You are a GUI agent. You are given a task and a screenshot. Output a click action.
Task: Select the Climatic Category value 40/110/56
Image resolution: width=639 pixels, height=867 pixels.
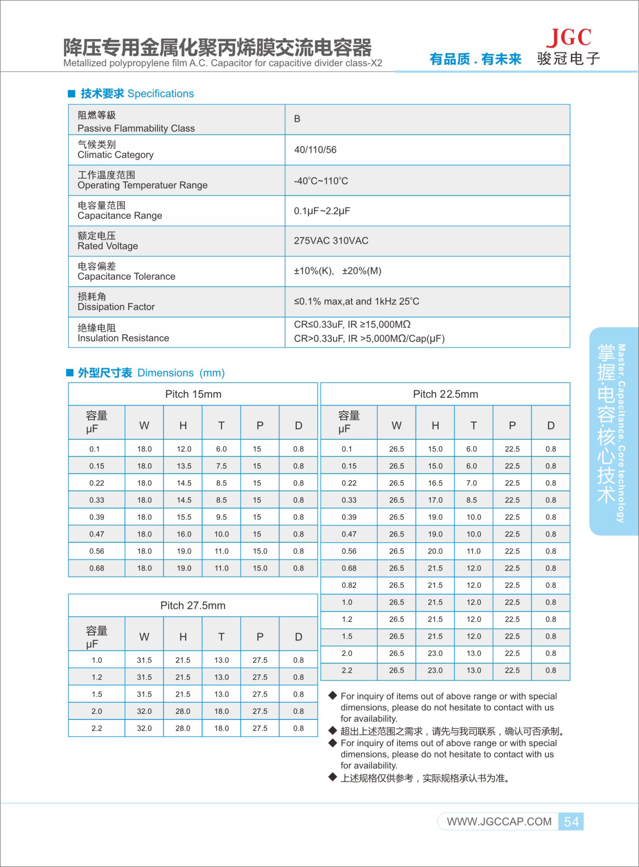(x=315, y=150)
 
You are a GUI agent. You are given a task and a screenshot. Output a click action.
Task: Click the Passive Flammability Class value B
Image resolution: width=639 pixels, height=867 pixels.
(x=297, y=119)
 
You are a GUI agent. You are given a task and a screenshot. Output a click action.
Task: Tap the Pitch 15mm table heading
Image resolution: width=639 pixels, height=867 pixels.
(x=193, y=394)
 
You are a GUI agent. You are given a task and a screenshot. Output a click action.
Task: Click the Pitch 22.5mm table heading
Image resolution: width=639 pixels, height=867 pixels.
(x=445, y=394)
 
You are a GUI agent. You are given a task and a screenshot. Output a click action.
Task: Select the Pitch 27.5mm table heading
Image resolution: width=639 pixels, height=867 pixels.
(x=193, y=605)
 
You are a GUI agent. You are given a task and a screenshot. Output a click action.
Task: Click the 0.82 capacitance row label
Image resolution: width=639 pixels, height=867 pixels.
(x=349, y=585)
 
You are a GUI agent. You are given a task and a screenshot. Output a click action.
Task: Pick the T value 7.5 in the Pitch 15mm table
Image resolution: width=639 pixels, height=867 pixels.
(x=221, y=466)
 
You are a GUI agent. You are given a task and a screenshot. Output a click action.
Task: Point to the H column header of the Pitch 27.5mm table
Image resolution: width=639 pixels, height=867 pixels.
(x=183, y=637)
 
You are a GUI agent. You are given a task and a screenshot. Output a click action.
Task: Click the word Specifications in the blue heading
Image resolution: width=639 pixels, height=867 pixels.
(x=160, y=93)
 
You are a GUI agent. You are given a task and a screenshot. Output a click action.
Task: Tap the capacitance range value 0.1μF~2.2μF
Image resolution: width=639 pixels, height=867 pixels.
(x=322, y=211)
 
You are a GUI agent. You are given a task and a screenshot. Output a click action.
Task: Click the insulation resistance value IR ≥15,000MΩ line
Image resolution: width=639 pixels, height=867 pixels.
(x=352, y=324)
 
